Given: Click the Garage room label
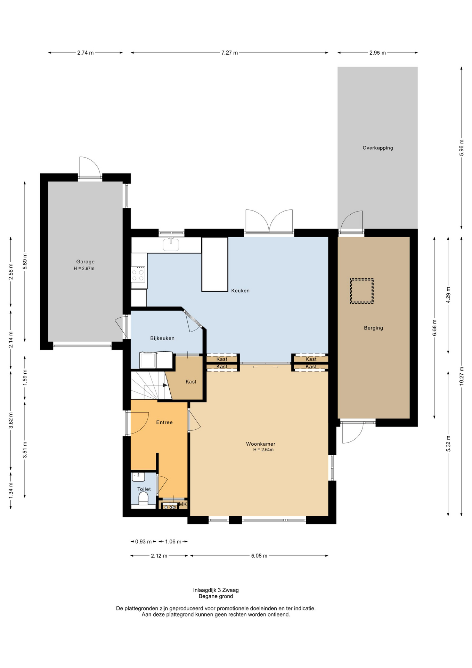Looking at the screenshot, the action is point(85,262).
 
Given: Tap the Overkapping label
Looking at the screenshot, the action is point(378,148).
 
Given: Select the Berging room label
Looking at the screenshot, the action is point(373,328).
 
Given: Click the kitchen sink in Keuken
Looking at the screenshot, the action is point(171,244).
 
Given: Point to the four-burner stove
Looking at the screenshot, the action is point(138,274).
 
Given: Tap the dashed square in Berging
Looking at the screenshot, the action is point(361,291).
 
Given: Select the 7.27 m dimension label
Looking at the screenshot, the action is point(229,53).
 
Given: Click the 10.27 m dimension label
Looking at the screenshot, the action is point(462,376).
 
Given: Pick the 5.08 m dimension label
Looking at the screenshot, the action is point(259,556).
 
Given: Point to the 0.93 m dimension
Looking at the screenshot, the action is point(144,541).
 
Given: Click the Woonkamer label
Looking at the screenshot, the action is point(261,444).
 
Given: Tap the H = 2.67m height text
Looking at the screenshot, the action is point(84,269).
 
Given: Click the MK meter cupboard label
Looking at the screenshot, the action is point(183,504).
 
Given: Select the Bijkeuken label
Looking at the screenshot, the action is point(162,338).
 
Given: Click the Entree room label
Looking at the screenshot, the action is point(164,422).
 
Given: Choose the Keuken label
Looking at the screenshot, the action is point(241,291).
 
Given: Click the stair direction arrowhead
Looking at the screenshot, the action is point(165,385).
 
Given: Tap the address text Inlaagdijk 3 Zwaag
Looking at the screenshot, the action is point(216,590).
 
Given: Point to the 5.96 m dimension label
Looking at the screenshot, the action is point(462,148).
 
